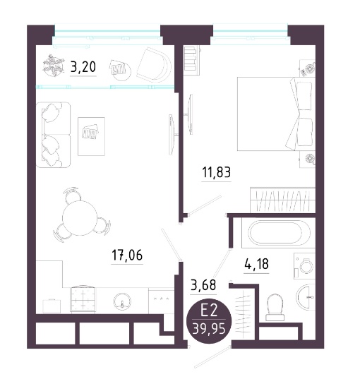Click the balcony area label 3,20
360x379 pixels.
[x=83, y=67]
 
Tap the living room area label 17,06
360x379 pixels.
[x=127, y=255]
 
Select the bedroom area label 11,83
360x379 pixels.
[x=217, y=172]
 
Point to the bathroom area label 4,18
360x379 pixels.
[x=256, y=264]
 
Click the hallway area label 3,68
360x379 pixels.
[x=203, y=284]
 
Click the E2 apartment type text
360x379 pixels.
[x=210, y=311]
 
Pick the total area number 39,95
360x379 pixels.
[x=209, y=329]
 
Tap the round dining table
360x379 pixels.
[x=80, y=218]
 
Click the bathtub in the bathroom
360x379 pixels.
[x=279, y=233]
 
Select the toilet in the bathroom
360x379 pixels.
[x=275, y=308]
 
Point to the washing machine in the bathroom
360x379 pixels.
[x=304, y=266]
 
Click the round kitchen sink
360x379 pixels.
[x=122, y=301]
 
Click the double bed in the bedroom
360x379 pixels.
[x=275, y=114]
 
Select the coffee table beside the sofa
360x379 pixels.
[x=91, y=136]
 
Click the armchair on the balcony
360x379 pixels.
[x=154, y=65]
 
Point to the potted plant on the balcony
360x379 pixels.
[x=53, y=65]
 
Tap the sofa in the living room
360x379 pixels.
[x=53, y=135]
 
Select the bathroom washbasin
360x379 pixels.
[x=306, y=298]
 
